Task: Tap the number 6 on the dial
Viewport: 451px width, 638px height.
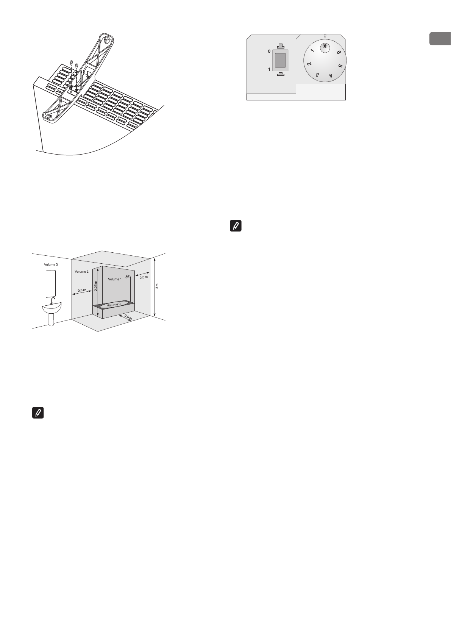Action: [x=338, y=53]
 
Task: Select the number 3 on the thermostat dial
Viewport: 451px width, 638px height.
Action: [x=317, y=75]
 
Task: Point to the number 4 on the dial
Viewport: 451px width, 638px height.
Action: [x=331, y=76]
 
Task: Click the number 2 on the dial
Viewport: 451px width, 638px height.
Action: [x=309, y=64]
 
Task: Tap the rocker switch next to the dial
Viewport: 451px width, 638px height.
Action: [x=280, y=60]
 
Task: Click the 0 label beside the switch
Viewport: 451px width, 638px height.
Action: [x=269, y=51]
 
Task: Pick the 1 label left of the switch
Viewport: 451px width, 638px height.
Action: [x=269, y=69]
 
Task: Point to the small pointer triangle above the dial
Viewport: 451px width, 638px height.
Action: [x=325, y=36]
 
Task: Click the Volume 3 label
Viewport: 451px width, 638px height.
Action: [x=51, y=264]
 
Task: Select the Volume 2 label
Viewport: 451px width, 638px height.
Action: [x=81, y=272]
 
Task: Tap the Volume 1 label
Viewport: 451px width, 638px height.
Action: [x=115, y=279]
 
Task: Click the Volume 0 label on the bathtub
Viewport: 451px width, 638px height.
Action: [x=114, y=305]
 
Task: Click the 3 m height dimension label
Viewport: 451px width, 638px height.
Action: [x=157, y=286]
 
